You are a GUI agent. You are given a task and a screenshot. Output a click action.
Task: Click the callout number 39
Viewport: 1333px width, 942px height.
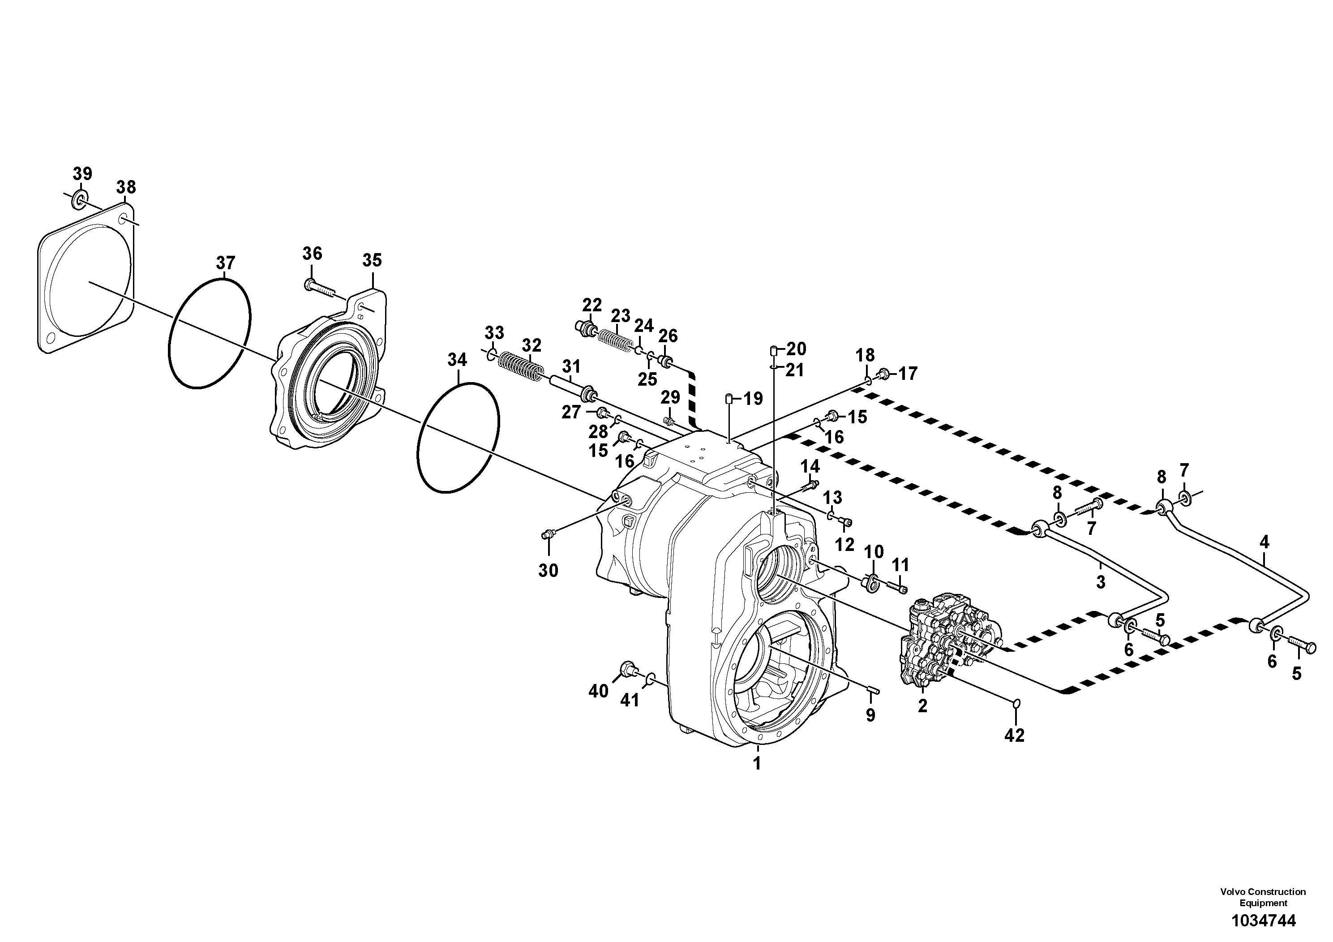pyautogui.click(x=82, y=174)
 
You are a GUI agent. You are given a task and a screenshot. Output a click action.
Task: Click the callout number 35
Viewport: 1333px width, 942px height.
pyautogui.click(x=372, y=260)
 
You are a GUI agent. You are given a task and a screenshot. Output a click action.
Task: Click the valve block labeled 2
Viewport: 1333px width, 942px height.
pyautogui.click(x=952, y=645)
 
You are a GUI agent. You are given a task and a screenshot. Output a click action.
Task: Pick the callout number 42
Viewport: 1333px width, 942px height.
pyautogui.click(x=1014, y=736)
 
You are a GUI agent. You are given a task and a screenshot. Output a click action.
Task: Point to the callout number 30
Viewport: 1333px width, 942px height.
pyautogui.click(x=548, y=571)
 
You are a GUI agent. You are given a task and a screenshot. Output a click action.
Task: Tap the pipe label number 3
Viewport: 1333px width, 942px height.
pyautogui.click(x=1100, y=582)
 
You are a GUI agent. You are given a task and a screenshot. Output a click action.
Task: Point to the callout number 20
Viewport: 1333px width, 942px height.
pyautogui.click(x=796, y=349)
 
